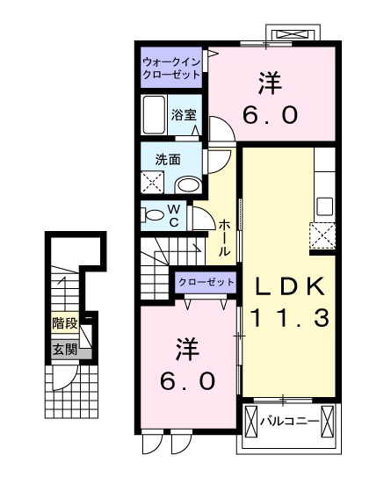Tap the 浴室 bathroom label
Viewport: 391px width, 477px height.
click(x=184, y=114)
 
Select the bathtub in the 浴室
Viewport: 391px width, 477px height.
click(x=155, y=113)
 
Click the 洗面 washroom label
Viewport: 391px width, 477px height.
click(x=168, y=160)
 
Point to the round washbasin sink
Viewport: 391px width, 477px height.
click(x=186, y=184)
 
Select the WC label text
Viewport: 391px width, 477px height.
click(x=174, y=215)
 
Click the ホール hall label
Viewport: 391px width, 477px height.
click(x=225, y=237)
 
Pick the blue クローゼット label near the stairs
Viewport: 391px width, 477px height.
click(x=206, y=282)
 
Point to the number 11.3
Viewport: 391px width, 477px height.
click(x=291, y=317)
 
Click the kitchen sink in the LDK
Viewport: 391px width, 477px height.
click(x=324, y=206)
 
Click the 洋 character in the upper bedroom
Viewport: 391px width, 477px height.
click(x=271, y=85)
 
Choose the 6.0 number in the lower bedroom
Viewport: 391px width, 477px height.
click(x=186, y=380)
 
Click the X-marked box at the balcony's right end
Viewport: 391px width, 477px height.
click(x=328, y=422)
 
